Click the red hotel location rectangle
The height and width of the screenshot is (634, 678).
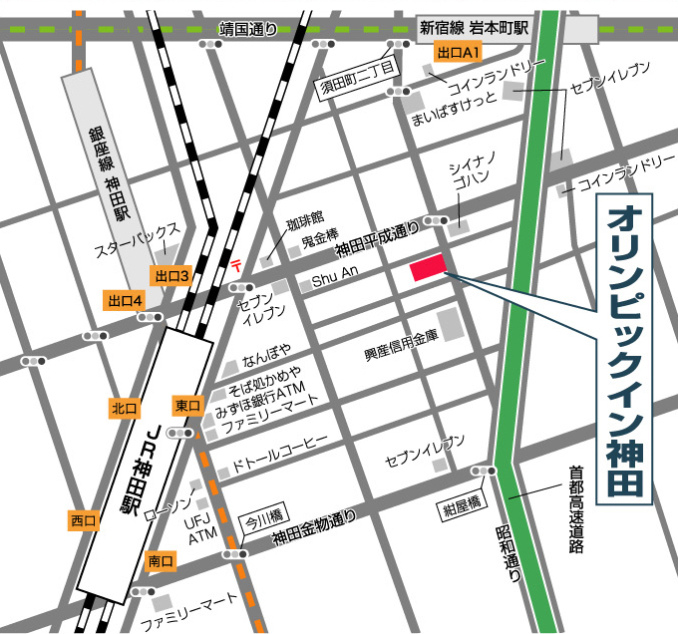click(x=427, y=267)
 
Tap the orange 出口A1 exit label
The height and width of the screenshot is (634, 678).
click(x=459, y=50)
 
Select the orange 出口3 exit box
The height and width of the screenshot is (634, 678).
click(x=170, y=275)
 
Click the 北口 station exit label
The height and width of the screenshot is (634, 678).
click(x=125, y=408)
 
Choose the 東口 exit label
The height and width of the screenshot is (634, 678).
click(x=187, y=406)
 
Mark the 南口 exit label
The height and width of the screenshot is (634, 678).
click(x=160, y=562)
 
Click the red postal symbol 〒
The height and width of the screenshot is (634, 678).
click(x=236, y=264)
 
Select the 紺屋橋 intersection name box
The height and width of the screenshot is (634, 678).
click(x=462, y=509)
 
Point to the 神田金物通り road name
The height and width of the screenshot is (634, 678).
click(x=313, y=531)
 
